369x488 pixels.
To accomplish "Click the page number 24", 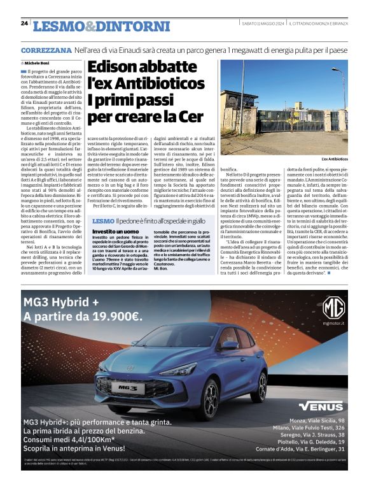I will pos(24,24).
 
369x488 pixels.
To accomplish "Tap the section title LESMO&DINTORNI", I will pos(101,26).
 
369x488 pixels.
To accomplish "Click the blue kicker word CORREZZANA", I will pos(46,50).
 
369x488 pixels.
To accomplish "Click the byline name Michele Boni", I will pos(38,64).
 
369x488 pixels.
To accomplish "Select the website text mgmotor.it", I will pos(333,324).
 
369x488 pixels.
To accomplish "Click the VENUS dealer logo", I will pos(321,405).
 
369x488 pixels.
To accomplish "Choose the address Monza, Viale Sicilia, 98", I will pos(316,420).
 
